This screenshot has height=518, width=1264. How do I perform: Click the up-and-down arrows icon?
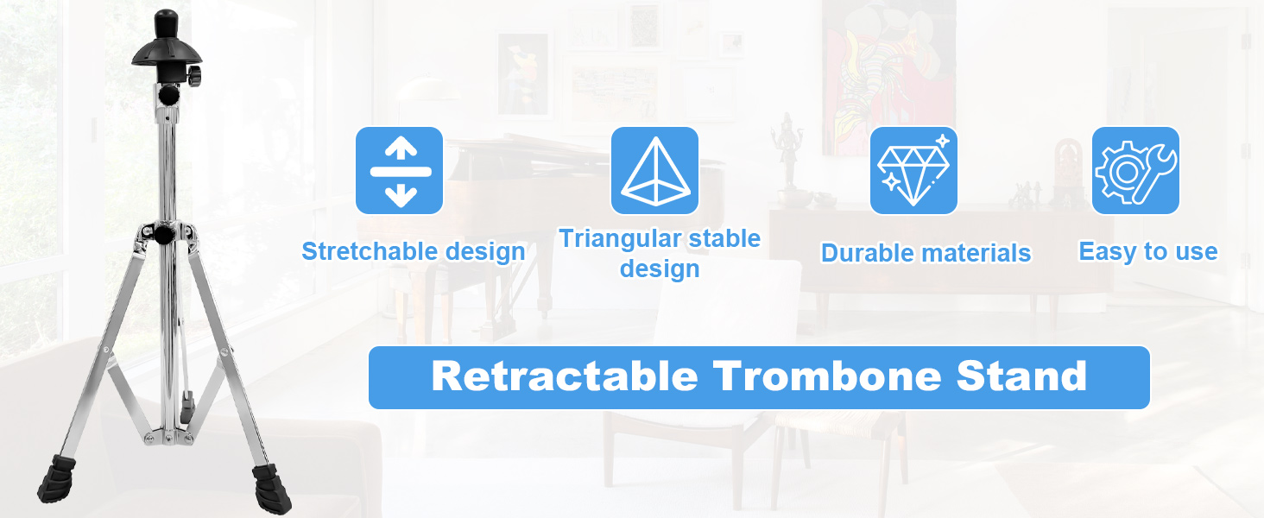click(400, 170)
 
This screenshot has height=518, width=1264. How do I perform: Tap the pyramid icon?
click(654, 170)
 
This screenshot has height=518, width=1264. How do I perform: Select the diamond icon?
click(913, 170)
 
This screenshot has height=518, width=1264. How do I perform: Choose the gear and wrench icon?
click(1135, 170)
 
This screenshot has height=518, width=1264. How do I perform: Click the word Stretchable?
click(363, 251)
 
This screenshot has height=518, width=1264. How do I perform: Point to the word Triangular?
click(618, 239)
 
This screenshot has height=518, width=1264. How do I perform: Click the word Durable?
click(866, 253)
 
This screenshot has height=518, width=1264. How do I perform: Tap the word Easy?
click(1108, 252)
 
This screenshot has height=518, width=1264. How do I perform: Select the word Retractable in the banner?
click(565, 376)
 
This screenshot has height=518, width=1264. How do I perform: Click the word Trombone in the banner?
click(827, 376)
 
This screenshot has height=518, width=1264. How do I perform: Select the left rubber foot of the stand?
click(57, 479)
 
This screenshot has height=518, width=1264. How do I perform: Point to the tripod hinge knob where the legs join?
click(164, 234)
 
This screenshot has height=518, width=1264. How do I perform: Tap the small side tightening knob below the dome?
click(194, 76)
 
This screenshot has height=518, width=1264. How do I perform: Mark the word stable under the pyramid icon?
click(724, 239)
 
